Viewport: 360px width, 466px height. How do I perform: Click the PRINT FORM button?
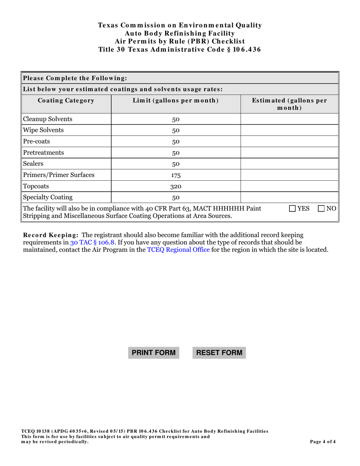[x=153, y=353]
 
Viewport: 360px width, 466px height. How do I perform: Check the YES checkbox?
[x=293, y=208]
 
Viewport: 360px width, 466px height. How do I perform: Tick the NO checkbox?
[x=321, y=208]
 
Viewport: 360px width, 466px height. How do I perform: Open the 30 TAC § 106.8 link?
[x=92, y=242]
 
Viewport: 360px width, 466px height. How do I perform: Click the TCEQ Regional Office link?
[x=178, y=250]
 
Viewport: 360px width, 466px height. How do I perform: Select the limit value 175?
[x=176, y=175]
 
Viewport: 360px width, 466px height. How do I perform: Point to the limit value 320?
[x=176, y=186]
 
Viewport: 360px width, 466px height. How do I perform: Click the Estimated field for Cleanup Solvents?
[x=290, y=119]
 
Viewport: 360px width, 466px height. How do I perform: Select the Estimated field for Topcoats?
[x=290, y=186]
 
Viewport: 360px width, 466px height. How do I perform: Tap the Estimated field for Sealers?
[x=290, y=164]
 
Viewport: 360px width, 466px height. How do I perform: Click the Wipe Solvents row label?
[x=44, y=130]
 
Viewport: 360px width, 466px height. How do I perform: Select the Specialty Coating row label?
[x=48, y=197]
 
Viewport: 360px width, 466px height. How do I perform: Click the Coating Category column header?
[x=66, y=101]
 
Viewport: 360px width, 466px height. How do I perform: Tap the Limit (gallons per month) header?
[x=176, y=101]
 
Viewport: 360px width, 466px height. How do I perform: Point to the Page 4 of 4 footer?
[x=323, y=441]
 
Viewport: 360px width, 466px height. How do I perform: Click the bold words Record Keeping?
[x=51, y=235]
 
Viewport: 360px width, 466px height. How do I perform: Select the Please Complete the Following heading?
[x=75, y=78]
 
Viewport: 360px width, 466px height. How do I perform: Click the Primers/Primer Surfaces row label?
[x=59, y=175]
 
